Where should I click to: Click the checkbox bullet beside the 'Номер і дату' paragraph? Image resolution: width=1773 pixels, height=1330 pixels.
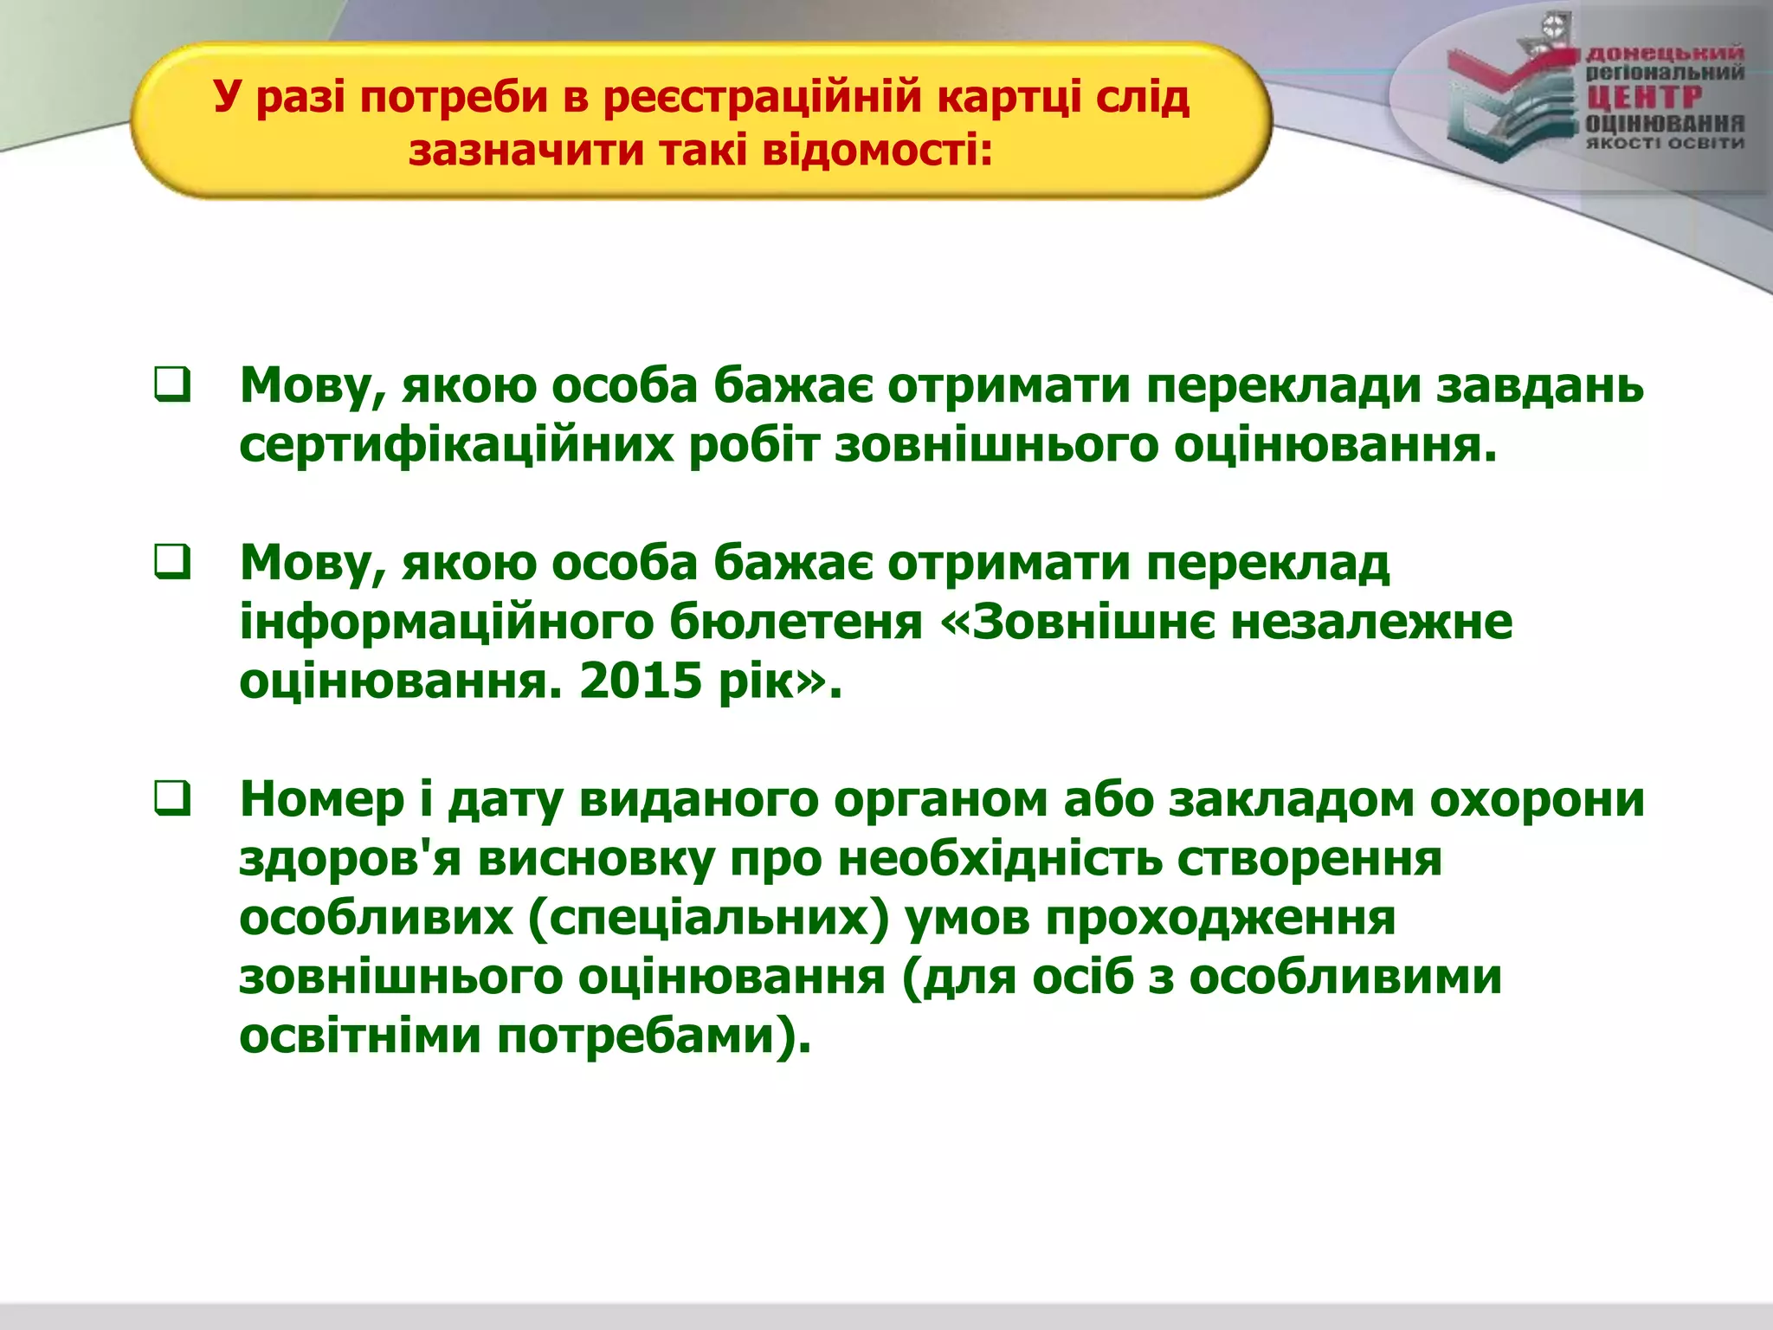[x=172, y=797]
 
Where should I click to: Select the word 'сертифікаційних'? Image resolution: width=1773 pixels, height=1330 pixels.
[x=456, y=446]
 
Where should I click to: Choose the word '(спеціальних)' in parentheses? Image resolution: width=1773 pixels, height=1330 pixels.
[x=709, y=918]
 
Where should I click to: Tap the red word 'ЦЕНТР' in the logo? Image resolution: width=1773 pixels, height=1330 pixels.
[x=1642, y=97]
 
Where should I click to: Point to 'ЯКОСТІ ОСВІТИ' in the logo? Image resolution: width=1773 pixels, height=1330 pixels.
[x=1663, y=143]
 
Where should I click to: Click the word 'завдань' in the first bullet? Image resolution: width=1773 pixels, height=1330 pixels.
[x=1539, y=386]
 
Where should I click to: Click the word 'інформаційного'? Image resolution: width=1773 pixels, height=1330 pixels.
[x=446, y=623]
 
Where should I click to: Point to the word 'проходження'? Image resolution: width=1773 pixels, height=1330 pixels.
[x=1220, y=918]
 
